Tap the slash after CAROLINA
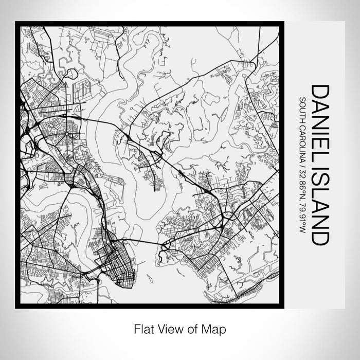tap(303, 167)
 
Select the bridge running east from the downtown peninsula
tap(144, 240)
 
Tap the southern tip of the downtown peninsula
tap(119, 284)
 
